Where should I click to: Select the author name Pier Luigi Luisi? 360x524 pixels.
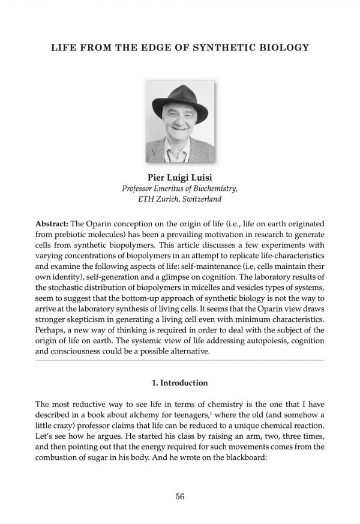(x=180, y=177)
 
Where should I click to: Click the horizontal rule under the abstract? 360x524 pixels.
(x=180, y=361)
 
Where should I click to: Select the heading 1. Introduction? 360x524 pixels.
(x=180, y=382)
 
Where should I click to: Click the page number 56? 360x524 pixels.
(x=180, y=495)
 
